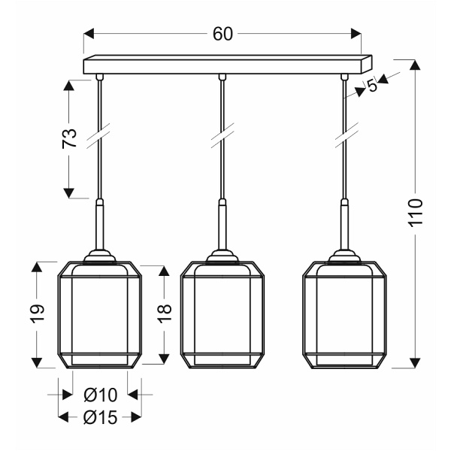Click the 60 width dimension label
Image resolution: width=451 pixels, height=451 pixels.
click(x=222, y=34)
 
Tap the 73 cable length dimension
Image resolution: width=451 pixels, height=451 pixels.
click(x=69, y=138)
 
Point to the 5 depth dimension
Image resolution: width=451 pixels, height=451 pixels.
click(x=372, y=86)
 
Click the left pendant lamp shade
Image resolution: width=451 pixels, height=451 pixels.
click(x=99, y=314)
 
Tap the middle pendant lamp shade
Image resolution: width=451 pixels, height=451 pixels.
click(x=222, y=314)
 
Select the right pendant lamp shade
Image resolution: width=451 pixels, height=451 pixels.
click(x=344, y=314)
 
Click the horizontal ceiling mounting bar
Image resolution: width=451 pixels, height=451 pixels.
click(x=225, y=65)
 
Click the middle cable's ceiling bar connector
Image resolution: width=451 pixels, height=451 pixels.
click(x=222, y=77)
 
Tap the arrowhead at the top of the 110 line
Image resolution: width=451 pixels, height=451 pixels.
click(x=413, y=65)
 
